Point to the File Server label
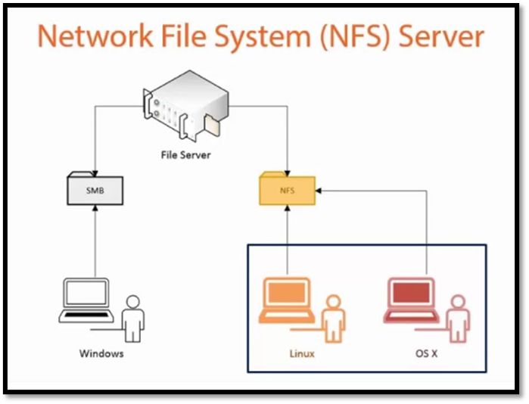coord(185,155)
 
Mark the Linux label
coord(303,353)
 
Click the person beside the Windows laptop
coord(133,318)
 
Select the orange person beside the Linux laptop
coord(333,318)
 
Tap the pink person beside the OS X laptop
coord(457,318)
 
